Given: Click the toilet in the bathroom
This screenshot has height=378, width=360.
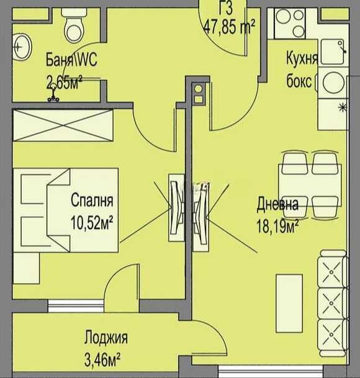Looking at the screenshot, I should pyautogui.click(x=75, y=25).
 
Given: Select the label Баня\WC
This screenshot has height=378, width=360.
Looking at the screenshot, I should pyautogui.click(x=71, y=60).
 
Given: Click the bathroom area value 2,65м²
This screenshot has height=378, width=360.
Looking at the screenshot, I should pyautogui.click(x=65, y=82).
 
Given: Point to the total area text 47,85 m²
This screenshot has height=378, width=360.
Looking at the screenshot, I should pyautogui.click(x=229, y=27).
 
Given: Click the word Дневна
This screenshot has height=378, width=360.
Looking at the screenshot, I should pyautogui.click(x=277, y=204).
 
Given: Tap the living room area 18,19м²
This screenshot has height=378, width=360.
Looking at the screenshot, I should pyautogui.click(x=278, y=224).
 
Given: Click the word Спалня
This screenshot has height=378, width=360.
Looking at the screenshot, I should pyautogui.click(x=92, y=200).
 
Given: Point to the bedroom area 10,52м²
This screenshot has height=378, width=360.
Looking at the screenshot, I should pyautogui.click(x=95, y=220).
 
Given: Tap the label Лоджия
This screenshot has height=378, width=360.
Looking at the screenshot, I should pyautogui.click(x=106, y=338).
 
